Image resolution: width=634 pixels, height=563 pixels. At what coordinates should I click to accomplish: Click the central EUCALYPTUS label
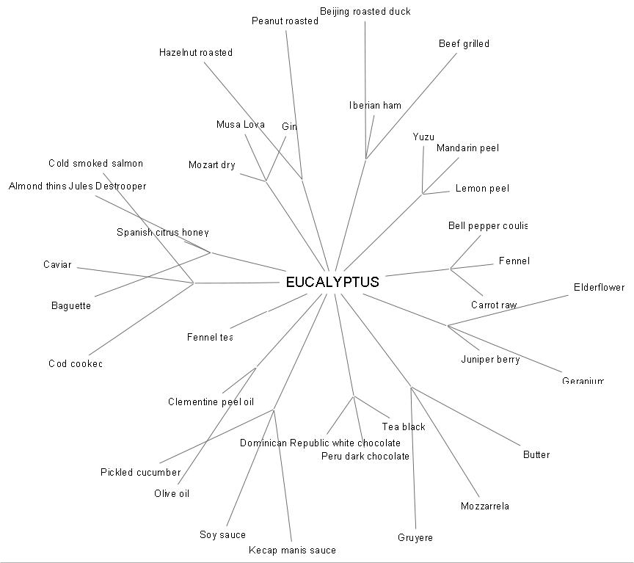pyautogui.click(x=332, y=282)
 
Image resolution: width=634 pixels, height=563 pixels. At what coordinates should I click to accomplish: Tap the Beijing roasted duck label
pyautogui.click(x=365, y=11)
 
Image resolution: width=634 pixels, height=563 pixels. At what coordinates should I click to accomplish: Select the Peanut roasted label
pyautogui.click(x=285, y=21)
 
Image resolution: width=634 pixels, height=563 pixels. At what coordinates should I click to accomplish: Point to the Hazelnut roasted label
pyautogui.click(x=195, y=52)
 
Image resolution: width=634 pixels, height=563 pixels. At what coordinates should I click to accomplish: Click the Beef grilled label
pyautogui.click(x=464, y=43)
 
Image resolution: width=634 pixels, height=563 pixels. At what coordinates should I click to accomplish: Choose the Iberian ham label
pyautogui.click(x=375, y=105)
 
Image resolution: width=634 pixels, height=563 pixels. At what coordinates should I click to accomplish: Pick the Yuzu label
pyautogui.click(x=423, y=137)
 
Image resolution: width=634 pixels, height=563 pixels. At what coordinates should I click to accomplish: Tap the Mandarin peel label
pyautogui.click(x=467, y=148)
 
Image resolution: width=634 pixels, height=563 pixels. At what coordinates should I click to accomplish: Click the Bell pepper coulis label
pyautogui.click(x=487, y=225)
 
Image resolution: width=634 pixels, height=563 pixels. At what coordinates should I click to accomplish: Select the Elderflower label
pyautogui.click(x=599, y=287)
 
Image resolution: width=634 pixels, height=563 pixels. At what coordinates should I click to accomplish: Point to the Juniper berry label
pyautogui.click(x=490, y=359)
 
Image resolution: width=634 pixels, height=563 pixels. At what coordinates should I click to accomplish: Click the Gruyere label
pyautogui.click(x=415, y=537)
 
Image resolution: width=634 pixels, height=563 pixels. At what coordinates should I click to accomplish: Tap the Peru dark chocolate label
pyautogui.click(x=365, y=456)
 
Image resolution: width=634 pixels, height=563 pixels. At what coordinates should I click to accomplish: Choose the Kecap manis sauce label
pyautogui.click(x=292, y=550)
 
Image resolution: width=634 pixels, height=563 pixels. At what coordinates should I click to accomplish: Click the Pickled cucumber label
pyautogui.click(x=140, y=472)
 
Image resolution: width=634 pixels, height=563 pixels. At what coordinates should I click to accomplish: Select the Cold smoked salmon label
pyautogui.click(x=95, y=163)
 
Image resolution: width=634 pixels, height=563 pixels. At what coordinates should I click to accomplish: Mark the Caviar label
pyautogui.click(x=57, y=264)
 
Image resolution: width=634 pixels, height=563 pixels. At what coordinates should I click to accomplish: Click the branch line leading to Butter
pyautogui.click(x=466, y=416)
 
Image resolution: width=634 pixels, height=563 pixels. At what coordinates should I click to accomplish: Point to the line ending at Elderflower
pyautogui.click(x=508, y=310)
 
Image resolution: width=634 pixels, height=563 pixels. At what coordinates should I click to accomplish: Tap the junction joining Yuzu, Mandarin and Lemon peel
pyautogui.click(x=423, y=194)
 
